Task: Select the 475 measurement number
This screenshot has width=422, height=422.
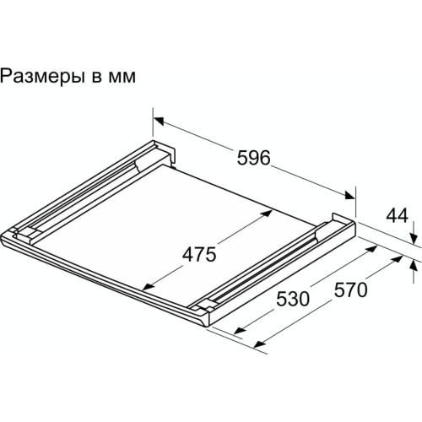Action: (x=199, y=253)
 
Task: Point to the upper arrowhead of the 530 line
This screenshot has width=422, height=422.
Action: (x=371, y=252)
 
